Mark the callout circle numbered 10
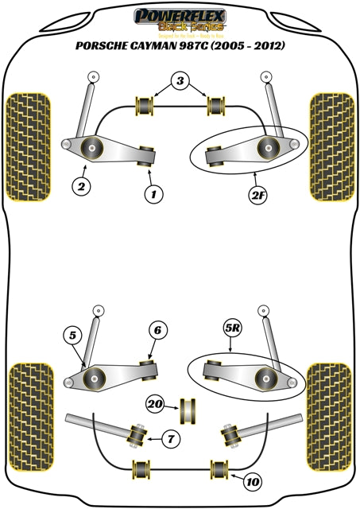click(x=252, y=480)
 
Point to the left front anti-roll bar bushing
click(x=144, y=104)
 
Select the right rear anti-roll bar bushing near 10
click(x=218, y=469)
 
